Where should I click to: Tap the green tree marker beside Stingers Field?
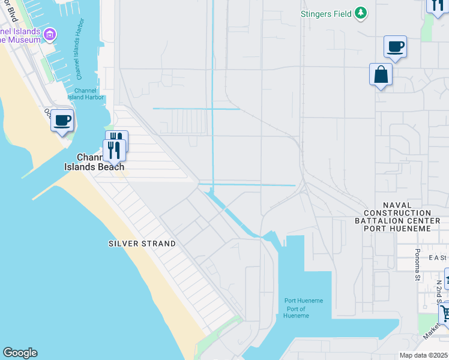pos(360,13)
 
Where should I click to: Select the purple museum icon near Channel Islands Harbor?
pos(50,35)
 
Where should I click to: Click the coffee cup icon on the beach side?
pos(62,121)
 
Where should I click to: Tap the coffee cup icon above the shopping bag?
pos(395,46)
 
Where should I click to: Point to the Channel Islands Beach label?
pos(95,163)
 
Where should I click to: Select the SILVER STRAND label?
pos(142,244)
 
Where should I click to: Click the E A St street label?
pos(438,257)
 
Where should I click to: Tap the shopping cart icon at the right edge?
pos(444,313)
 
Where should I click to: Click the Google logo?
pos(19,353)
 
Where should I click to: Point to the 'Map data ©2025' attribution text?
pos(424,355)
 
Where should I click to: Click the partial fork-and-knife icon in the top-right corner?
pos(436,5)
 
